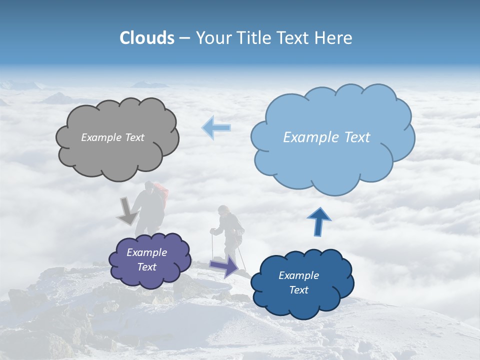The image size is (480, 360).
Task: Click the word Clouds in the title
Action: point(147,38)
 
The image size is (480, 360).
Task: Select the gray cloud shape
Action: point(117,152)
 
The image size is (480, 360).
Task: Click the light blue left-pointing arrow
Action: point(216,127)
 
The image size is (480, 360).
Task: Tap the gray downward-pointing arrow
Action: point(128,212)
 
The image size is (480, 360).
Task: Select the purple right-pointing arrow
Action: point(224,266)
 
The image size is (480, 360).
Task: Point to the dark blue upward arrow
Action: point(318,221)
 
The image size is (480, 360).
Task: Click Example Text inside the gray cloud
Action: point(112,137)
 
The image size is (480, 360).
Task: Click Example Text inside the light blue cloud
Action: point(326,137)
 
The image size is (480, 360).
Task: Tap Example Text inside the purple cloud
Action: point(147,260)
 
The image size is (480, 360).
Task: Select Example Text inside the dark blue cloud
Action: point(299,282)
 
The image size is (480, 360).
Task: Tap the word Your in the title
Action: point(210,38)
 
